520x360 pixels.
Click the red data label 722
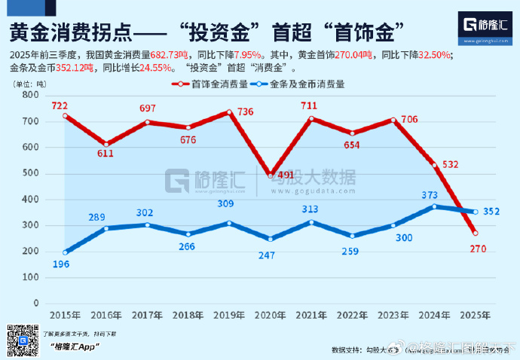click(60, 105)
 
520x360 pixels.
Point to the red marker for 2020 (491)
click(271, 175)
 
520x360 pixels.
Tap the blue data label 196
click(61, 265)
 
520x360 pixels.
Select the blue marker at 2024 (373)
click(434, 206)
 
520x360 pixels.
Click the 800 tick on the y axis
click(30, 96)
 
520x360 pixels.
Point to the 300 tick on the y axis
click(30, 225)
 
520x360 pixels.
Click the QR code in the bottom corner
click(20, 340)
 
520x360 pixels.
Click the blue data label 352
click(491, 212)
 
